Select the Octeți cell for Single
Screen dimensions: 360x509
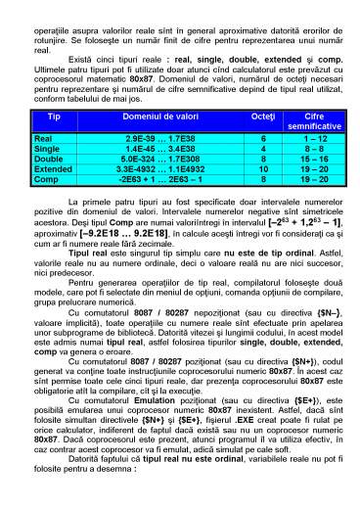tap(262, 148)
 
